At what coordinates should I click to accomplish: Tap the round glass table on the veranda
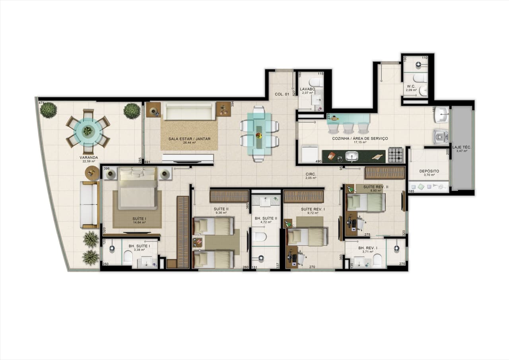coord(88,131)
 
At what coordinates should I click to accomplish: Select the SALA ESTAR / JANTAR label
coord(189,138)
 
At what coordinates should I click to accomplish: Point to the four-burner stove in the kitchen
coord(396,155)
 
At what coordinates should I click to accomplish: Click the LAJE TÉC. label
coord(461,147)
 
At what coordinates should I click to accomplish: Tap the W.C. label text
coord(411,86)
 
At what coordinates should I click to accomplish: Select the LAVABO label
coord(307,89)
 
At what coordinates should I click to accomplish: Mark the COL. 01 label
coord(282,94)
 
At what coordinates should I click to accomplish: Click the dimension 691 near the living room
coord(147,162)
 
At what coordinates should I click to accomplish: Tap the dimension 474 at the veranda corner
coord(41,103)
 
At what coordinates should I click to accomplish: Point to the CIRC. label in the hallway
coord(311,174)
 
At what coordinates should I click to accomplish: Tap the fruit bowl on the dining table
coord(259,136)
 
